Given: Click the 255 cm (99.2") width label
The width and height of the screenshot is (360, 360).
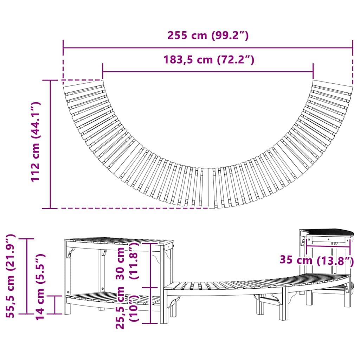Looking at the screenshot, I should pyautogui.click(x=208, y=36).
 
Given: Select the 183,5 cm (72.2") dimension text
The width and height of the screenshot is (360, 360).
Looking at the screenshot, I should pyautogui.click(x=208, y=60).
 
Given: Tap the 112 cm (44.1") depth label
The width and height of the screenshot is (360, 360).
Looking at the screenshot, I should pyautogui.click(x=36, y=142).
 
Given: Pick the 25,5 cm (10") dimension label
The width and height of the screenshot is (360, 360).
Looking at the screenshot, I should pyautogui.click(x=127, y=307).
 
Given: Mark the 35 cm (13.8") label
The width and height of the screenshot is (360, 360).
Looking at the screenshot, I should pyautogui.click(x=316, y=260).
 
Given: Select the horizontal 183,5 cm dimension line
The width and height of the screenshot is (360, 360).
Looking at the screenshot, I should pyautogui.click(x=208, y=72).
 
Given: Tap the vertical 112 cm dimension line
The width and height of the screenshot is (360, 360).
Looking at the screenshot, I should pyautogui.click(x=50, y=144).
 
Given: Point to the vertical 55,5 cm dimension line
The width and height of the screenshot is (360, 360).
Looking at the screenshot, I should pyautogui.click(x=27, y=276).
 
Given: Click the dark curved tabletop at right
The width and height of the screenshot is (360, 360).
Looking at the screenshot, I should pyautogui.click(x=330, y=232).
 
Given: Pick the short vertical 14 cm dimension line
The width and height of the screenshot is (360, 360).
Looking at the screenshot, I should pyautogui.click(x=55, y=304).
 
